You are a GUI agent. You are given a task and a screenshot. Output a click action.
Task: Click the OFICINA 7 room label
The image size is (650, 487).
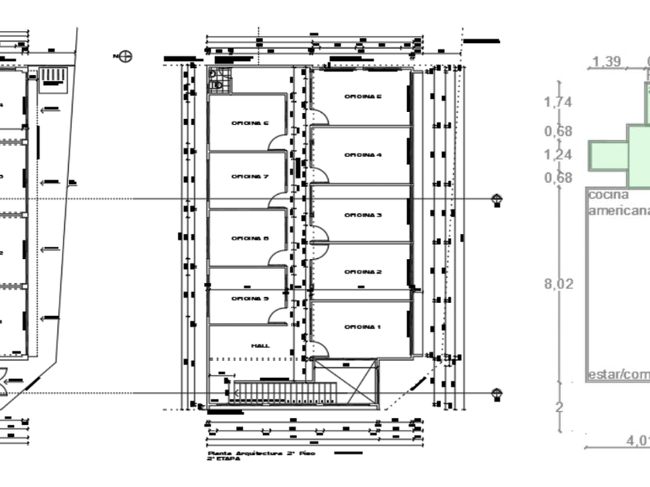click(x=249, y=176)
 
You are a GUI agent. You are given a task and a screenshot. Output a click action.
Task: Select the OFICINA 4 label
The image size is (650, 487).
click(x=363, y=155)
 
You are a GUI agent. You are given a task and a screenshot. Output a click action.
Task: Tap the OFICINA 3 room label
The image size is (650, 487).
click(x=363, y=215)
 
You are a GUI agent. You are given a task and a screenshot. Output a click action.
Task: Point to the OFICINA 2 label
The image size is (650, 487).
click(x=363, y=272)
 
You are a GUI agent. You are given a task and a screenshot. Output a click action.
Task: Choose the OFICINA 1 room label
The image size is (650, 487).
click(x=363, y=328)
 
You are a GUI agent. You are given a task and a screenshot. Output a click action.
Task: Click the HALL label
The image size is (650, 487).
click(x=260, y=346)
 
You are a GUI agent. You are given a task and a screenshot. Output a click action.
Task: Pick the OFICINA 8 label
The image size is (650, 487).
click(x=249, y=238)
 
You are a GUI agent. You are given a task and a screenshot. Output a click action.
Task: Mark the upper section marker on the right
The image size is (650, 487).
click(x=497, y=199)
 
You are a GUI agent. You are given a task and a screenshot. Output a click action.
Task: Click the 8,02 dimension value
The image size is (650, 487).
click(x=559, y=284)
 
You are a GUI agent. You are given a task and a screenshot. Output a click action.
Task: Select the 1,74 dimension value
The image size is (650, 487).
click(x=558, y=102)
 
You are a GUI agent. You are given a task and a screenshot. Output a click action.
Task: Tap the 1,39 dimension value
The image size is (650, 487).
click(x=607, y=62)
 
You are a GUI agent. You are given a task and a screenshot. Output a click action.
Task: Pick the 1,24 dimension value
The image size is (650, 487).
click(x=558, y=155)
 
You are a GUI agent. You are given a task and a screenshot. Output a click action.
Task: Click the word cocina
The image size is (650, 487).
click(x=608, y=196)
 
